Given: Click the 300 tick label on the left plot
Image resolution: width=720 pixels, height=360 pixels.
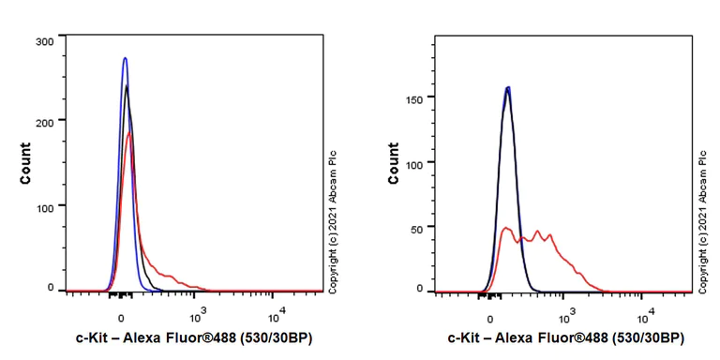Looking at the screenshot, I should tap(42, 41).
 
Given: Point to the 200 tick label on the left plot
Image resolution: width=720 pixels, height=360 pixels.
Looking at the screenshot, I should tap(42, 120).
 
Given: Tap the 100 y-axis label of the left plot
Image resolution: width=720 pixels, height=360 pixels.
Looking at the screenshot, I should tap(42, 205).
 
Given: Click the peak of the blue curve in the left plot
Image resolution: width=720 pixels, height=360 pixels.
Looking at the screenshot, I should tap(125, 58).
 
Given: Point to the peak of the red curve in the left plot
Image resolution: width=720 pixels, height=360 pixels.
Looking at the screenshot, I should tap(129, 132).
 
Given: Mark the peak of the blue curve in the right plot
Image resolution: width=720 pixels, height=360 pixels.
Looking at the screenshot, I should tap(507, 88).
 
